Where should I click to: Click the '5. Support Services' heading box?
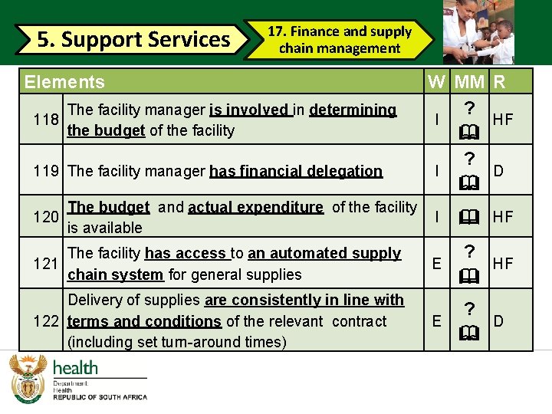click(134, 39)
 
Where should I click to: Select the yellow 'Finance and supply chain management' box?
click(339, 40)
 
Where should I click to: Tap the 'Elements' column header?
click(65, 82)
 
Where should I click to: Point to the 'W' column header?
click(436, 82)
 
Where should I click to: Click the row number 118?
click(48, 120)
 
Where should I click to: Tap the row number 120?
click(48, 217)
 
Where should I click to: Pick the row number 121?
click(48, 264)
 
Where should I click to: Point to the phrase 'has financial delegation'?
click(296, 171)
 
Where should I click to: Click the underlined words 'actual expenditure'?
click(256, 207)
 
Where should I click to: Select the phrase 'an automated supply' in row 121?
click(324, 253)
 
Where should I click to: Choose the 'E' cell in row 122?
click(436, 321)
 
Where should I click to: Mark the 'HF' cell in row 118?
click(503, 120)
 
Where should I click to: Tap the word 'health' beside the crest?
click(75, 368)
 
